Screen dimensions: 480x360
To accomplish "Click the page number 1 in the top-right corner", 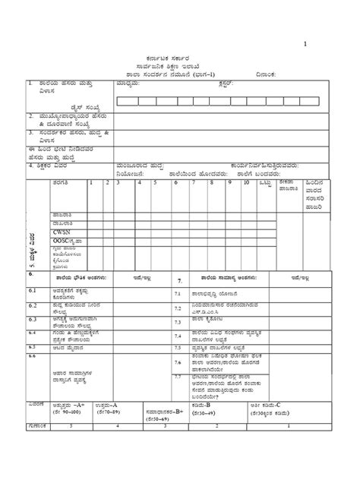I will (305, 44).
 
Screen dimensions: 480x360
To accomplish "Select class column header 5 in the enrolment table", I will (155, 183).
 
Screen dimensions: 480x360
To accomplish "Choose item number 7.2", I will (177, 308).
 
